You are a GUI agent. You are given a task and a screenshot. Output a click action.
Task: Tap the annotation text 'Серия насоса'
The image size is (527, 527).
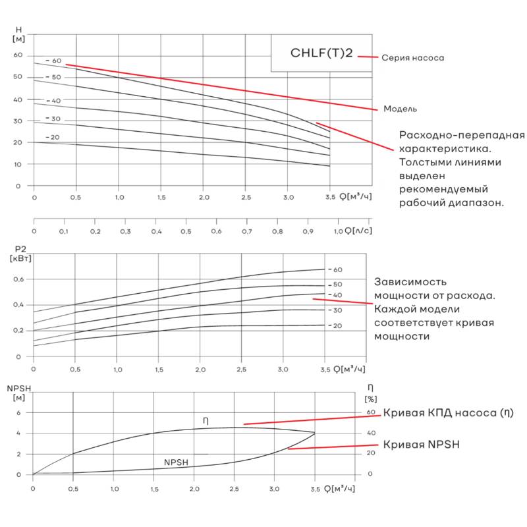412,58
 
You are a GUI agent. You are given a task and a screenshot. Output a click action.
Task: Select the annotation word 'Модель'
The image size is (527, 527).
401,109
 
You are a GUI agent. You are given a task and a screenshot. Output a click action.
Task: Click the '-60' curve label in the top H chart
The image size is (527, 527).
53,61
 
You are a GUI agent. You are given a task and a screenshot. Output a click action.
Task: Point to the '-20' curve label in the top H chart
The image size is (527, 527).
52,137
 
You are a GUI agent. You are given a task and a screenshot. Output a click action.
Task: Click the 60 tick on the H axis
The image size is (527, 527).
18,55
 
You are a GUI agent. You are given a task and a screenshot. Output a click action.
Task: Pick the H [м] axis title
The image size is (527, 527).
18,34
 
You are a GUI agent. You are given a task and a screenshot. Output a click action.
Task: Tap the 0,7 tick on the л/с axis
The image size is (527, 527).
246,232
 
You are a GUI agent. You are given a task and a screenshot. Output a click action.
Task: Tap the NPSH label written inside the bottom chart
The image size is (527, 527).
177,462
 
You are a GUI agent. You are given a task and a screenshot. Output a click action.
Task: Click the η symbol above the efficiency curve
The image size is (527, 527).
206,420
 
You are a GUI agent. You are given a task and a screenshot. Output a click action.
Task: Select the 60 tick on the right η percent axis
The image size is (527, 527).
370,412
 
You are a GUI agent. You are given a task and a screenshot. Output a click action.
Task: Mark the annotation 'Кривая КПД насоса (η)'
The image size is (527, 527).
448,413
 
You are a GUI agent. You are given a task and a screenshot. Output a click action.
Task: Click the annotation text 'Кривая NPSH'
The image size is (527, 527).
421,445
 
